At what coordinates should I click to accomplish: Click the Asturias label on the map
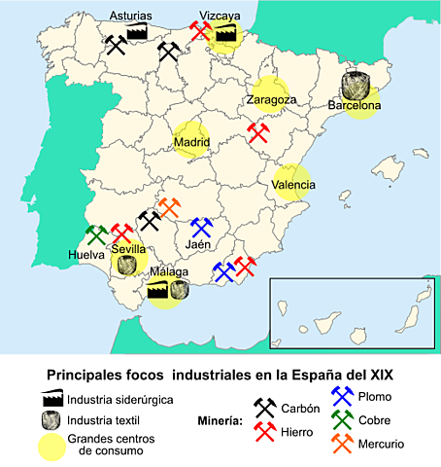tap(130, 16)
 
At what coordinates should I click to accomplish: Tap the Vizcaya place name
tap(220, 16)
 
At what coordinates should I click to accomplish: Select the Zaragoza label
tap(271, 99)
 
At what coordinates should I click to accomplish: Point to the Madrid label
tap(191, 143)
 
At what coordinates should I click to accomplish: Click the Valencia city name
tap(292, 185)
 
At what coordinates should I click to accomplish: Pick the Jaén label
tap(199, 245)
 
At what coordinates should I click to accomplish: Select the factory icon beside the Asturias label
tap(138, 34)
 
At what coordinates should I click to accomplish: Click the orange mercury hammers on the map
tap(168, 208)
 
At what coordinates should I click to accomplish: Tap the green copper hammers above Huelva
tap(96, 234)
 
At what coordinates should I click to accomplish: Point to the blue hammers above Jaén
tap(201, 227)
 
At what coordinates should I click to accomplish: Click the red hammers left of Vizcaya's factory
tap(200, 30)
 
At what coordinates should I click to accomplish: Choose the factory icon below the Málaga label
tap(156, 289)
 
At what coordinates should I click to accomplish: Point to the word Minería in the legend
tap(211, 421)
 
